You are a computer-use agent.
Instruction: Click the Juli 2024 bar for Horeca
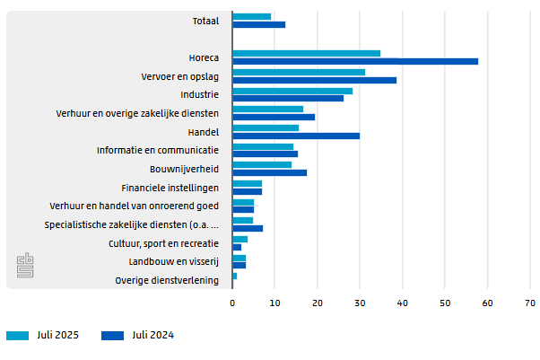click(355, 61)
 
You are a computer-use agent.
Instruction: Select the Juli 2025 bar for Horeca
click(306, 54)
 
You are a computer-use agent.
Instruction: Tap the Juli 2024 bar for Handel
click(296, 136)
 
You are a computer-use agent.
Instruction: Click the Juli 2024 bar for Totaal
click(258, 24)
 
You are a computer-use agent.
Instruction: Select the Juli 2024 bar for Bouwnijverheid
click(269, 172)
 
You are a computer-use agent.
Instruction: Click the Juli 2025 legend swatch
click(18, 336)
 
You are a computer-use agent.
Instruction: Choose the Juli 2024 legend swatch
click(112, 336)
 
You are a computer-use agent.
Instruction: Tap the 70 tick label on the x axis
click(529, 303)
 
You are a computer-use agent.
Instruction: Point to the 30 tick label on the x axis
click(360, 303)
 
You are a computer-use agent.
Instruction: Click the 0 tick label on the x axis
click(232, 303)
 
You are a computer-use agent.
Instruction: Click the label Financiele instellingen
click(170, 188)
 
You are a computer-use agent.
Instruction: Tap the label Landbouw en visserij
click(174, 262)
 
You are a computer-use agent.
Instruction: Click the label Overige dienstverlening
click(167, 281)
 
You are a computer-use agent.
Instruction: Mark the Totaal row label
click(205, 21)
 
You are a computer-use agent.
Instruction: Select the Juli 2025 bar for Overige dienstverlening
click(234, 276)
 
